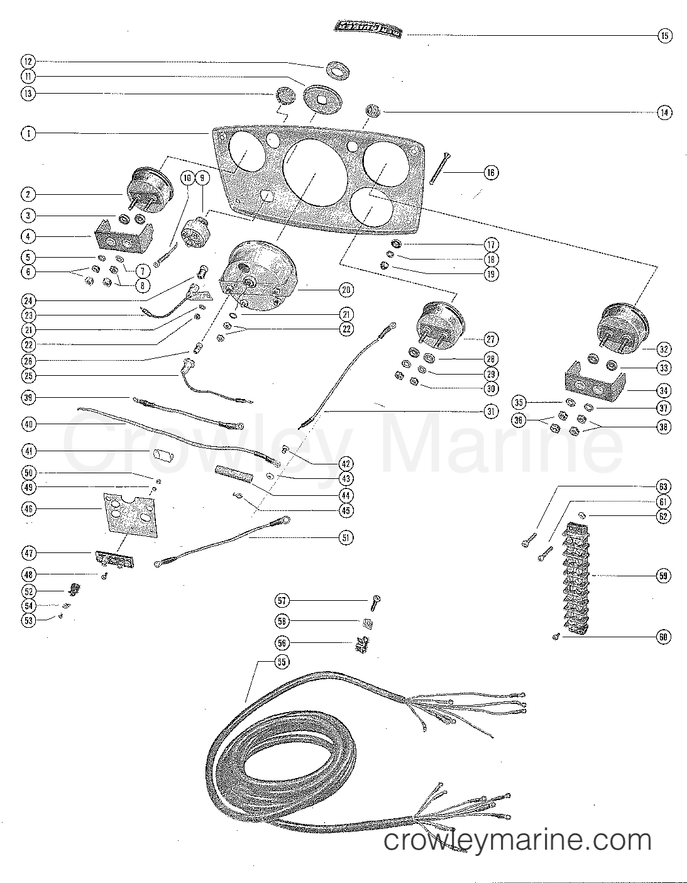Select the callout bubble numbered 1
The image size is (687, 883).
pyautogui.click(x=28, y=133)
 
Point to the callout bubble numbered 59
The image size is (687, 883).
pyautogui.click(x=664, y=575)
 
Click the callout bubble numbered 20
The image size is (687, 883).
pyautogui.click(x=346, y=290)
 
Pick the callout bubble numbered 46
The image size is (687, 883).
pyautogui.click(x=28, y=509)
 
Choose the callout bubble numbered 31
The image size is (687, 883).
pyautogui.click(x=490, y=412)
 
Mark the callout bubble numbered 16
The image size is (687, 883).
pyautogui.click(x=491, y=172)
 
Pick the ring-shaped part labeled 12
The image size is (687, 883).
pyautogui.click(x=338, y=70)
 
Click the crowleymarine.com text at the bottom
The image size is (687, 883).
pyautogui.click(x=517, y=840)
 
